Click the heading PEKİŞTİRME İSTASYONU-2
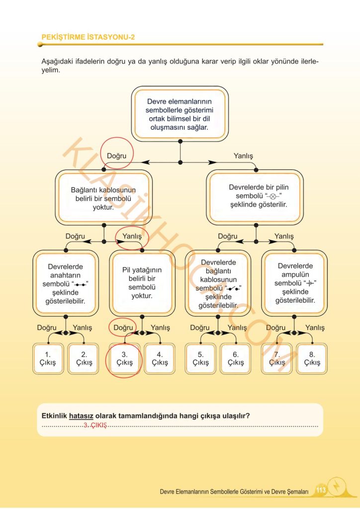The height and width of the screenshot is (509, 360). point(88,37)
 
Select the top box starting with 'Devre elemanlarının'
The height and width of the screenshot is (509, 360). point(180,114)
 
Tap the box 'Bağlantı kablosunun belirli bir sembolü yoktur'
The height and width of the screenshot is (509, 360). point(103,198)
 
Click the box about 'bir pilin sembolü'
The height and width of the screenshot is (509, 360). point(255,197)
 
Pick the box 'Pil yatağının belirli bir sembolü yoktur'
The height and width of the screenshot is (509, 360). point(142,283)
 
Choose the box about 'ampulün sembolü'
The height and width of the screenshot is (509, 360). point(294,283)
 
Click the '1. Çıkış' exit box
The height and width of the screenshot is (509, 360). point(48,359)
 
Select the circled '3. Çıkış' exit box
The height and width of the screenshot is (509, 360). point(125,359)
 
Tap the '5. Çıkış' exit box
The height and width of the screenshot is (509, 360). point(200,359)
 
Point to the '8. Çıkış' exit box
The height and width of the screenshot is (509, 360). point(312,359)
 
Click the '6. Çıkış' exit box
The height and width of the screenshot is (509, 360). point(235,359)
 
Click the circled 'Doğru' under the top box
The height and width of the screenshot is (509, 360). point(116,156)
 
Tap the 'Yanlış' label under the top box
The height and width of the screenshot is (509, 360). point(243,156)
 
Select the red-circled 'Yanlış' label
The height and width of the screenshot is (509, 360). point(132,236)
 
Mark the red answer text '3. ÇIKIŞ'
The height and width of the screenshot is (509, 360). point(95,425)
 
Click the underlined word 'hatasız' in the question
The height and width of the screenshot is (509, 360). point(81,416)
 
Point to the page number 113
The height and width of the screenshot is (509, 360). point(321,490)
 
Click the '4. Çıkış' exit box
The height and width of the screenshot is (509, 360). point(160,359)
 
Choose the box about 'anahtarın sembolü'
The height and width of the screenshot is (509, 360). point(66,283)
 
